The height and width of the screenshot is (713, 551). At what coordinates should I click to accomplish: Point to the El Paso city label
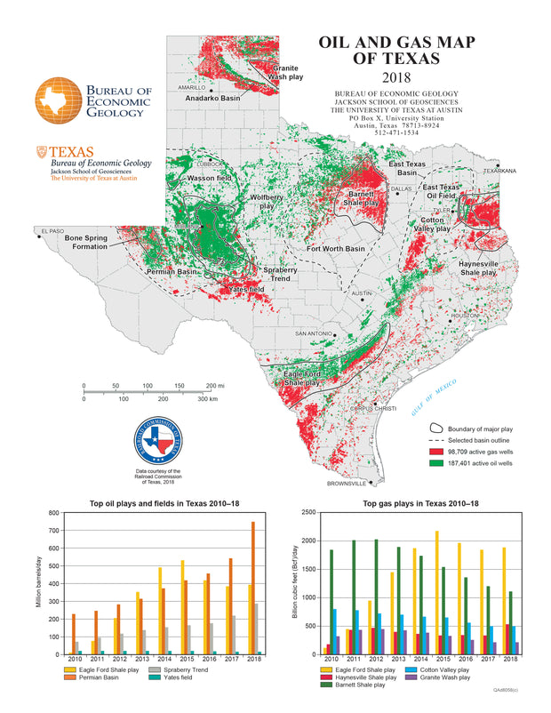[x=50, y=232]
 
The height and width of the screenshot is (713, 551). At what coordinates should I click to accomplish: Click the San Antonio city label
[x=314, y=333]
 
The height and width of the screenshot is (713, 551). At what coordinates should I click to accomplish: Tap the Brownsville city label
[x=346, y=484]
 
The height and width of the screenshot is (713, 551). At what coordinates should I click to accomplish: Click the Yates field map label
[x=246, y=290]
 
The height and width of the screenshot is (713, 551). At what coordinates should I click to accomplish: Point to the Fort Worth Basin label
[x=336, y=249]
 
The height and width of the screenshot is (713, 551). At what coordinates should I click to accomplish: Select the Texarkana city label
[x=499, y=170]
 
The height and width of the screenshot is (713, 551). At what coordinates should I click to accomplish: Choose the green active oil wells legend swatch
[x=437, y=463]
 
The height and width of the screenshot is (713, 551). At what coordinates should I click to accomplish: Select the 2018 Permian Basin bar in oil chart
[x=252, y=588]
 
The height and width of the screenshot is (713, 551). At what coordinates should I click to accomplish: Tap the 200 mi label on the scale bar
[x=214, y=386]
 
